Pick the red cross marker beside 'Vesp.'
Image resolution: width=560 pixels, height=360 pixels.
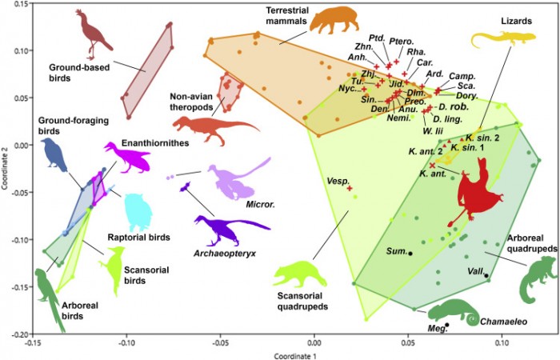coord(350,188)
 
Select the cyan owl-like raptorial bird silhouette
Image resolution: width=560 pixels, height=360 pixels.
coord(138,212)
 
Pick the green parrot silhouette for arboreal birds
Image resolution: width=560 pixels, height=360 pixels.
coord(50,296)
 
